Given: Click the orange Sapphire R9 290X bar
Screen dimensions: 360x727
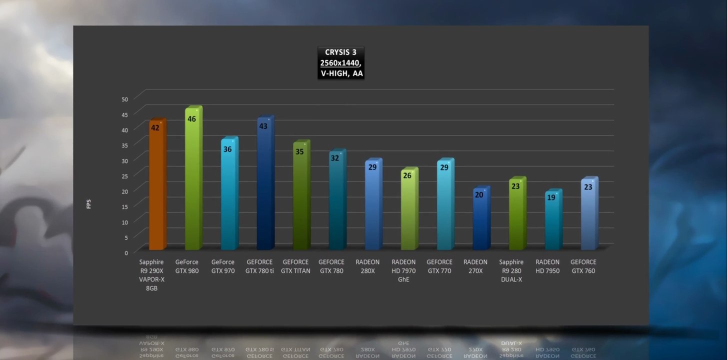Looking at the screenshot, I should tap(157, 190).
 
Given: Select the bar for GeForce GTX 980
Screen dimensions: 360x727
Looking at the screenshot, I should tap(193, 185).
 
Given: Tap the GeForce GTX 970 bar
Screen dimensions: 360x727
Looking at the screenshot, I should tap(229, 200).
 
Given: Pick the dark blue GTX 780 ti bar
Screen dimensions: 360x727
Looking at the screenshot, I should tap(265, 190).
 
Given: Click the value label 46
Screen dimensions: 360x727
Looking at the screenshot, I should tap(191, 119).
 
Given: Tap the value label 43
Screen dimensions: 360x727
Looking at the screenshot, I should tap(263, 126).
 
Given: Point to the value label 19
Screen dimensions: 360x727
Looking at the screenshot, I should tap(551, 197).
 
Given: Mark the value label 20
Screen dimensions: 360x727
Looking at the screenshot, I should tap(479, 195).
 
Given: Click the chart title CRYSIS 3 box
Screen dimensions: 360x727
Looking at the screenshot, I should tap(341, 62).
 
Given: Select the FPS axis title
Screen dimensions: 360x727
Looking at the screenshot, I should tap(89, 204).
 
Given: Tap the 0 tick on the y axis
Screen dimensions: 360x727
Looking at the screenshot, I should tap(126, 252).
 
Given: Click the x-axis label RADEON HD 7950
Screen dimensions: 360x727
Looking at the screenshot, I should tap(547, 266).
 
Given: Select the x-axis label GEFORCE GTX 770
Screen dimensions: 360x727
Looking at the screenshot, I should tap(439, 266).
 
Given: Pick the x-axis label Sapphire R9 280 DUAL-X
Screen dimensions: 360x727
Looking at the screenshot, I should tap(511, 270).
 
